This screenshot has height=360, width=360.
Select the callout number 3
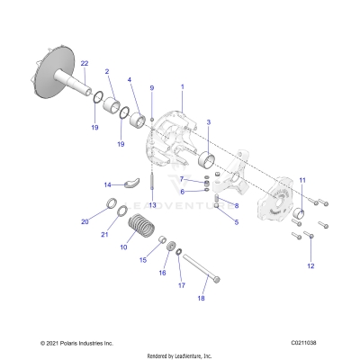(209, 121)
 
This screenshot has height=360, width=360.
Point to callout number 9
(152, 87)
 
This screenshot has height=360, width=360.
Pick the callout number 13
(153, 205)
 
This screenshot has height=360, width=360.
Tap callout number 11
(301, 181)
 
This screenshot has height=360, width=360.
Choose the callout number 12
(311, 266)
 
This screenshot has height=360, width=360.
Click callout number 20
(85, 220)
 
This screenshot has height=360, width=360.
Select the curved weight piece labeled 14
(131, 184)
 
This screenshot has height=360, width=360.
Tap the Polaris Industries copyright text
(77, 344)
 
